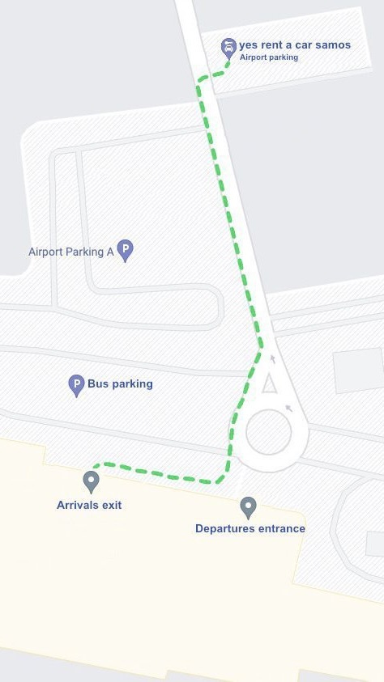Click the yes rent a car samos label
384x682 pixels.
(295, 45)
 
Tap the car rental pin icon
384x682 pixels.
(228, 48)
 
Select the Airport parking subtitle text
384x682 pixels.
(269, 57)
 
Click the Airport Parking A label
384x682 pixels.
(71, 252)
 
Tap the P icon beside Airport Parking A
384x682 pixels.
(125, 250)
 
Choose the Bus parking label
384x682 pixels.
(120, 383)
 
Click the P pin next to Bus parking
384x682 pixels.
(76, 384)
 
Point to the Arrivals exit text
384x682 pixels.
(89, 505)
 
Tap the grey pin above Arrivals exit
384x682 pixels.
(91, 481)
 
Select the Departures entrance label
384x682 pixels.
(250, 528)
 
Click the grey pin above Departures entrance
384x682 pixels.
(249, 507)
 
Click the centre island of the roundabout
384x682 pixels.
(268, 433)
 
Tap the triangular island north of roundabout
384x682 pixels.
(269, 383)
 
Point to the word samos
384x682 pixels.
(334, 45)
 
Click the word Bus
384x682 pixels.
(98, 383)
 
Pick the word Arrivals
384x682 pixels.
(77, 505)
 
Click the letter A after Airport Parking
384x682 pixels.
(110, 252)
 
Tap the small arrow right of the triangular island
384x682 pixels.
(288, 408)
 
